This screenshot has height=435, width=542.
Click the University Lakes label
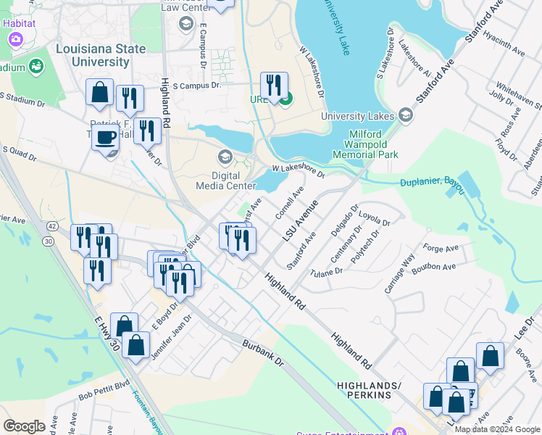pos(358,115)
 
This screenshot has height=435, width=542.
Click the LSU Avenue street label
pos(301,220)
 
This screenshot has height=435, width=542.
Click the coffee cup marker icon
pos(106,136)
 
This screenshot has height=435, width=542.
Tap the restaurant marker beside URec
pos(274,85)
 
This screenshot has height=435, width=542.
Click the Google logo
pos(24,426)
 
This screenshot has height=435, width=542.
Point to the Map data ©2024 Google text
pos(496,429)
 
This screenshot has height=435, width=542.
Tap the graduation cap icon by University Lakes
pos(404,115)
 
